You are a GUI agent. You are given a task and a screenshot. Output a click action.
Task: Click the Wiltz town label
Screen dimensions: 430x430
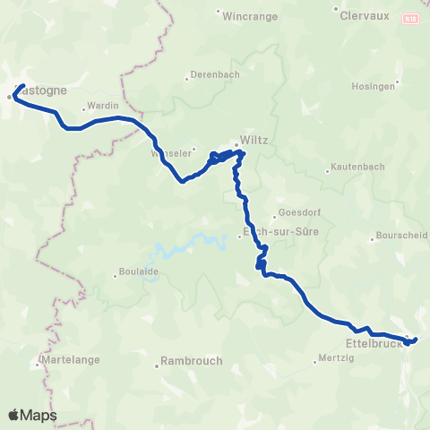click(x=254, y=141)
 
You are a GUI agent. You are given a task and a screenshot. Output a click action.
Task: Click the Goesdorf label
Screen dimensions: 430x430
click(x=299, y=212)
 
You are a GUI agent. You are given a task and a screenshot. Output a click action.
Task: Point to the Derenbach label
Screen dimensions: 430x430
click(x=214, y=77)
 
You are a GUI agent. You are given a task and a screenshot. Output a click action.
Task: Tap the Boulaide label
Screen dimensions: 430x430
click(x=141, y=273)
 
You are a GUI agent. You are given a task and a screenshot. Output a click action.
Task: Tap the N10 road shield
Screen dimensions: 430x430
click(x=409, y=17)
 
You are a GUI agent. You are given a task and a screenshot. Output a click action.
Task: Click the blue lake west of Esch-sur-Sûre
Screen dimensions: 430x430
click(x=193, y=247)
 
